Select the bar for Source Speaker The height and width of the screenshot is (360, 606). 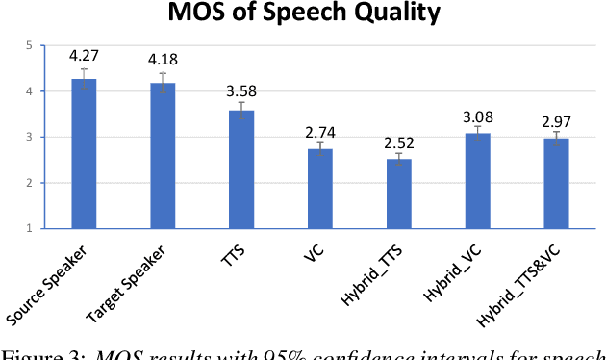pyautogui.click(x=84, y=154)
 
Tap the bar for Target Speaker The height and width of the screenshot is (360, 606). pyautogui.click(x=163, y=156)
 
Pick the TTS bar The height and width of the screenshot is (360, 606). pyautogui.click(x=241, y=169)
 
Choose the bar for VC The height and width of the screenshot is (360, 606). pyautogui.click(x=319, y=189)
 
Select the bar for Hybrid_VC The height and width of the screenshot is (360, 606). pyautogui.click(x=477, y=181)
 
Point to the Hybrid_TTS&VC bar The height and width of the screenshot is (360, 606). pyautogui.click(x=556, y=183)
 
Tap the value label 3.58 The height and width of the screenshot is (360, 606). pyautogui.click(x=241, y=90)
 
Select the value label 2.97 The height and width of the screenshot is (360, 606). pyautogui.click(x=556, y=121)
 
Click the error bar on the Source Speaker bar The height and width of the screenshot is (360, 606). pyautogui.click(x=84, y=79)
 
